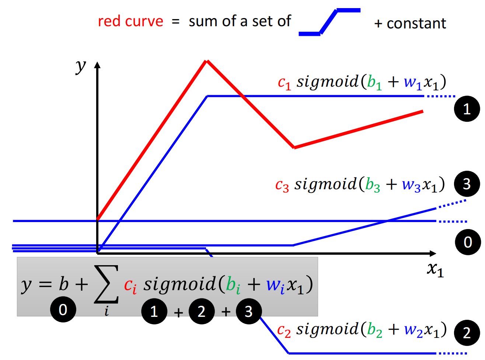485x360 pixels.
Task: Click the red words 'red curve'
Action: click(x=130, y=21)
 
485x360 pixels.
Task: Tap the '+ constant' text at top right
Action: click(x=410, y=24)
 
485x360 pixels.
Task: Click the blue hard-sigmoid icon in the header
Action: click(x=329, y=22)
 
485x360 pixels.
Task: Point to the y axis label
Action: click(x=80, y=66)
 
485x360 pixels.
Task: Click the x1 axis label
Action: click(x=435, y=269)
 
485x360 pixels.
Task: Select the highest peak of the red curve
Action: click(x=207, y=61)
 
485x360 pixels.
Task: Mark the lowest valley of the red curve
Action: click(x=294, y=147)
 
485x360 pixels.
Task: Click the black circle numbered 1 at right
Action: click(x=467, y=109)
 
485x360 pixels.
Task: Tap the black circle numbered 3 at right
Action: click(x=467, y=184)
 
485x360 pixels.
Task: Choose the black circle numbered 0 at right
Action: click(x=468, y=242)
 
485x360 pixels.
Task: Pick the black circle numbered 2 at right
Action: click(x=467, y=333)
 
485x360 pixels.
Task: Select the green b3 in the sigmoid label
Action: click(x=373, y=184)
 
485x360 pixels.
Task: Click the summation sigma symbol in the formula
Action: click(x=107, y=284)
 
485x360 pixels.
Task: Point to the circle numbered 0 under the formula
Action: click(x=63, y=309)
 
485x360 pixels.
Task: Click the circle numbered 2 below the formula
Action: click(x=202, y=311)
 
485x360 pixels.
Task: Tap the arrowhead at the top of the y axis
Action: click(x=97, y=65)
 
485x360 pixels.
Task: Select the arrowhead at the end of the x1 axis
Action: click(x=433, y=253)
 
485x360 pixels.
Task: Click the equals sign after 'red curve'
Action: click(x=176, y=22)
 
